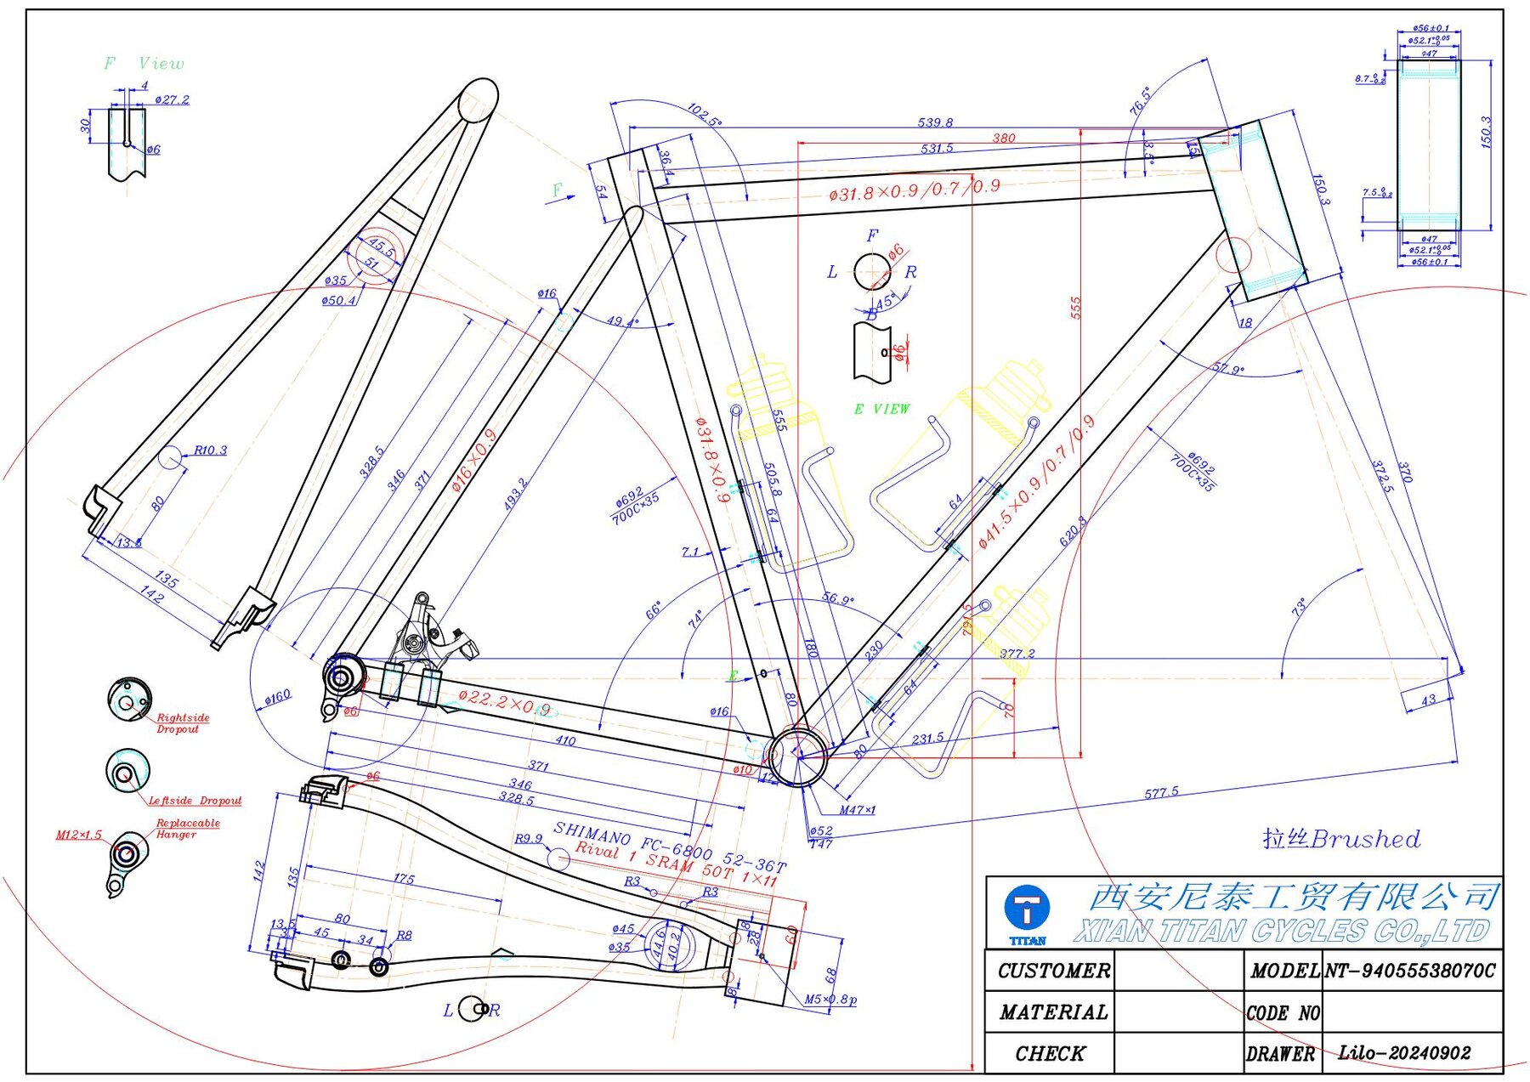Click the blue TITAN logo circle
click(1027, 908)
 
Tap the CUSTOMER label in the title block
click(1053, 971)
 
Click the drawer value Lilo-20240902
click(1404, 1053)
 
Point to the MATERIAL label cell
click(1053, 1012)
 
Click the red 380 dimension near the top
click(1004, 138)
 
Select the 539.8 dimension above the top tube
click(935, 122)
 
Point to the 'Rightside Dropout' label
click(182, 723)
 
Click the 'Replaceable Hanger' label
click(187, 829)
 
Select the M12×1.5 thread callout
click(78, 835)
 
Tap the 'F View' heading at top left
click(144, 64)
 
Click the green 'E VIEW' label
click(881, 409)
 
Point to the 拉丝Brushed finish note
click(1340, 839)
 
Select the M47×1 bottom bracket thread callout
click(857, 810)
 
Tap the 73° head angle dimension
click(1298, 608)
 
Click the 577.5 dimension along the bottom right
click(1161, 792)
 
